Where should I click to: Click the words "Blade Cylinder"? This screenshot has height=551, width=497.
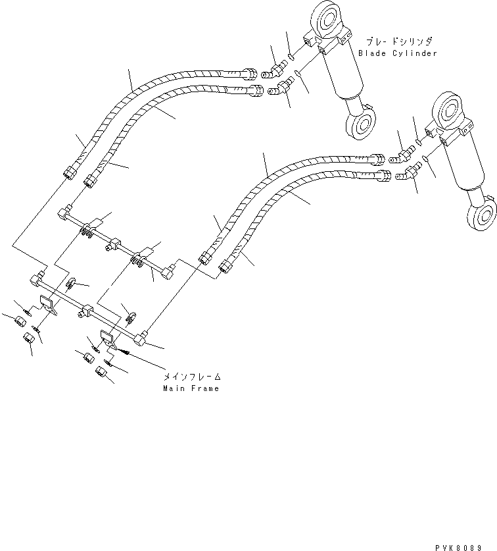coord(397,53)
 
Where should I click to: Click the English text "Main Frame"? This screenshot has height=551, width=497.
coord(191,388)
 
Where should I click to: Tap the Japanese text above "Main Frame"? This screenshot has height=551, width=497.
coord(192,377)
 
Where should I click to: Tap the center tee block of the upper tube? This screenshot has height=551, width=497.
coord(112,243)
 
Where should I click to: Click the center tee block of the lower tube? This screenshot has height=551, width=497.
coord(85,309)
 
